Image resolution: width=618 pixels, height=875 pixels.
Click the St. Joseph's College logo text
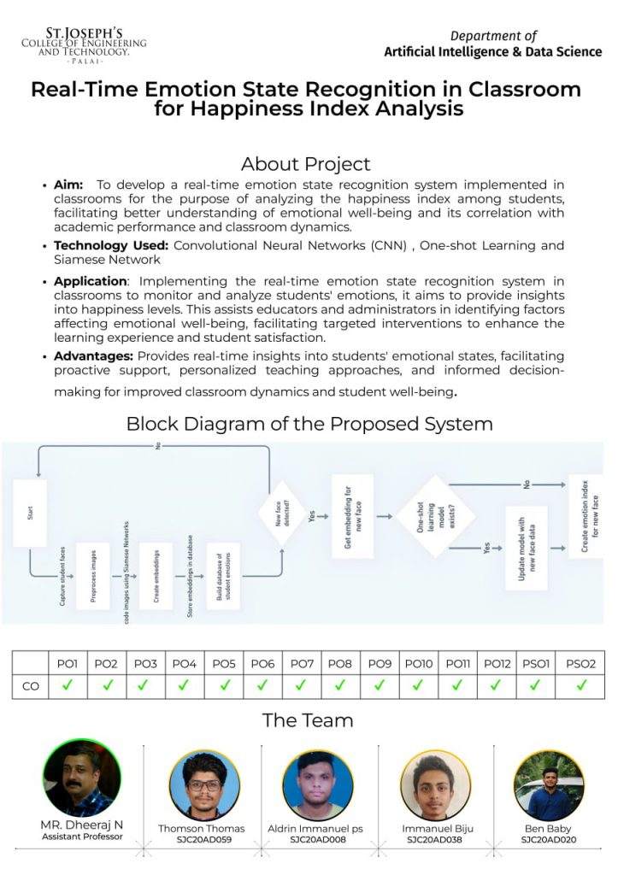[x=84, y=46]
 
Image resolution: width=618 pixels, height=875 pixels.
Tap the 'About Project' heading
[x=305, y=164]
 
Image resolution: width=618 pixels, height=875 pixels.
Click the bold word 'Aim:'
[x=68, y=185]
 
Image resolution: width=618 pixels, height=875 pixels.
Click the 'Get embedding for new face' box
[x=352, y=517]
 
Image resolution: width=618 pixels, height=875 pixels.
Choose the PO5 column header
[x=224, y=663]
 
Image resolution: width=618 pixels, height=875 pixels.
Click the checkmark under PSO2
[x=581, y=684]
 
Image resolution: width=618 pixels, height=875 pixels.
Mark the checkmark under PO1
[x=68, y=684]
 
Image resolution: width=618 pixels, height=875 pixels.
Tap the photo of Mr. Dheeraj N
[x=82, y=778]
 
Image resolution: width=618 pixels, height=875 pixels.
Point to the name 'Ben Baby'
[x=548, y=828]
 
